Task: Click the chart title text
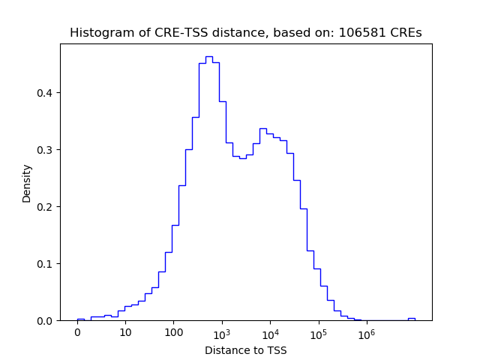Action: (246, 33)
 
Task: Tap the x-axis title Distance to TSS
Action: (246, 350)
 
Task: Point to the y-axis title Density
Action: (27, 182)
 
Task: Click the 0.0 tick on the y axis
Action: (46, 321)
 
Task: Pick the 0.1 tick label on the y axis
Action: (46, 264)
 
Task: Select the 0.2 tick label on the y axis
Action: (46, 207)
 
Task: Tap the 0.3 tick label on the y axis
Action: (46, 150)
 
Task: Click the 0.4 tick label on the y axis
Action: (46, 93)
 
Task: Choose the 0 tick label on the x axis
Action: (77, 333)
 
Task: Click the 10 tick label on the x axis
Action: (125, 333)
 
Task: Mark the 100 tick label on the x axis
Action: (173, 333)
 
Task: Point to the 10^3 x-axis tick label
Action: (222, 332)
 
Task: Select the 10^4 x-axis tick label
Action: (270, 332)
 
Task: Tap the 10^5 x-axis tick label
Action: (318, 332)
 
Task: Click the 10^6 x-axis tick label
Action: (366, 332)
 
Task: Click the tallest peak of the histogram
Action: (208, 57)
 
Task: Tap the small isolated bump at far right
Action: (411, 319)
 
